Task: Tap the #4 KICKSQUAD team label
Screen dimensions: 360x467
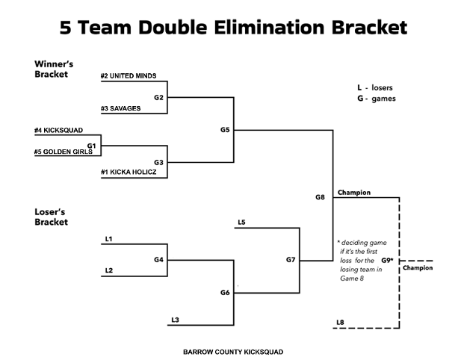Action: [57, 131]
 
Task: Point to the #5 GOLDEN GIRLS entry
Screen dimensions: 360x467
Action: [62, 152]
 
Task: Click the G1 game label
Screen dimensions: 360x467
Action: [91, 146]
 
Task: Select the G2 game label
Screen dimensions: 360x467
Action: [158, 97]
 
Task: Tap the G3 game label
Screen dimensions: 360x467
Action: [158, 161]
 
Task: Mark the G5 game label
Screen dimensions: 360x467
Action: [225, 129]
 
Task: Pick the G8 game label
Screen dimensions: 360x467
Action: [320, 197]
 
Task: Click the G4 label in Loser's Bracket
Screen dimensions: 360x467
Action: [158, 259]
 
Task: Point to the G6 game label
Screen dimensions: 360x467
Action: [225, 292]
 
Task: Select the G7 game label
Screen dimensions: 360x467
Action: [291, 259]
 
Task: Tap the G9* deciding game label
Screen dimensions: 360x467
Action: [387, 260]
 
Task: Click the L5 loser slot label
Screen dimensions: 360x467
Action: [241, 222]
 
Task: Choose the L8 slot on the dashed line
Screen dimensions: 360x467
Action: [340, 322]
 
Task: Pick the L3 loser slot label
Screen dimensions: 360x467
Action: [175, 320]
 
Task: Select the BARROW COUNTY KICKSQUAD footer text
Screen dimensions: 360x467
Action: [233, 351]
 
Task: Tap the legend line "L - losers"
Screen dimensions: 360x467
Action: [377, 87]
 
